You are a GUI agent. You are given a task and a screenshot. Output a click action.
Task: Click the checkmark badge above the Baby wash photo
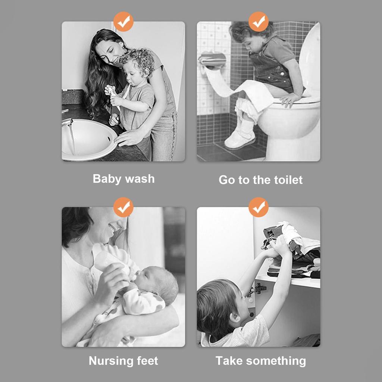pos(123,22)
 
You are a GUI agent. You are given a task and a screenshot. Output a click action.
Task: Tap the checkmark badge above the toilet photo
pos(259,22)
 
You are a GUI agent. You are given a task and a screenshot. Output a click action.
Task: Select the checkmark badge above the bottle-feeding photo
pos(123,207)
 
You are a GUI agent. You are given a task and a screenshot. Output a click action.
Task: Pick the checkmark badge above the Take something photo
pos(259,207)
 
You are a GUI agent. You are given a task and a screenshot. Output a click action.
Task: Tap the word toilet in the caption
pos(288,180)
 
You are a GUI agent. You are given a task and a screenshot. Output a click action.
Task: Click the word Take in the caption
pos(229,361)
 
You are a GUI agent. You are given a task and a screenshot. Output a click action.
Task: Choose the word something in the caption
pos(276,361)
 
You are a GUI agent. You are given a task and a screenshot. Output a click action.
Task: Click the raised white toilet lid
pos(310,60)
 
